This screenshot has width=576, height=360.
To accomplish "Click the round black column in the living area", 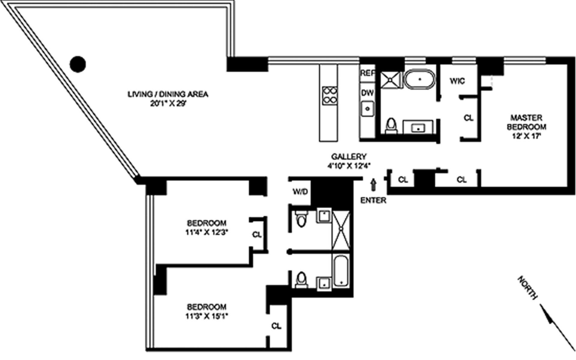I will click(78, 64).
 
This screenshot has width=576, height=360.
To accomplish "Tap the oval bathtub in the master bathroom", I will click(420, 79).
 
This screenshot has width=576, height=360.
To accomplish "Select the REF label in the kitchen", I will click(367, 73).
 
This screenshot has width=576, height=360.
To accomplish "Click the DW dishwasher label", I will click(367, 93).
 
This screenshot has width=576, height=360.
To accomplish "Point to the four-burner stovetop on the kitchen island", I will click(329, 96).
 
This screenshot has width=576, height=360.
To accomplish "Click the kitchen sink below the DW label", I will click(367, 109).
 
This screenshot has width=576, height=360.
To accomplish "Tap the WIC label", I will click(457, 81).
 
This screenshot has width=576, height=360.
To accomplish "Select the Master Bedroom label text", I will click(526, 122).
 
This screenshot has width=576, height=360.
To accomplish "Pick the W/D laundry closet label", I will click(300, 192).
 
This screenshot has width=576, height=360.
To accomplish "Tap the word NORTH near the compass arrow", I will click(527, 288).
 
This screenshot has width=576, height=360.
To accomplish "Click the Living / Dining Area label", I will click(168, 94).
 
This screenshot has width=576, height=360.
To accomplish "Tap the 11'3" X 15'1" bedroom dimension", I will click(207, 316).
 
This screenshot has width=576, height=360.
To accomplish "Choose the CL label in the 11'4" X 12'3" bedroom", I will click(257, 235).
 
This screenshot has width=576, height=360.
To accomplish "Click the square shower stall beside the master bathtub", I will click(390, 80).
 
